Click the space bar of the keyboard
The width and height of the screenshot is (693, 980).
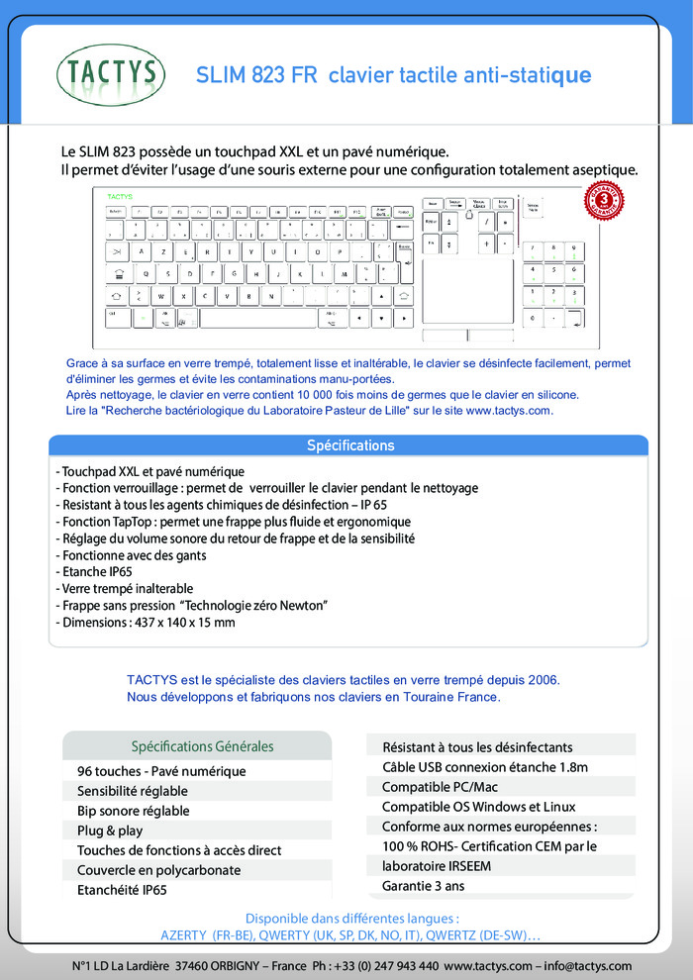(x=257, y=318)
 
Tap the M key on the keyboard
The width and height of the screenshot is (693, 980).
(x=344, y=274)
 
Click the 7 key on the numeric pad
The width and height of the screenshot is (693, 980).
(x=537, y=248)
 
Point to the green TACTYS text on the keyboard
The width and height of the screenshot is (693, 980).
(x=120, y=196)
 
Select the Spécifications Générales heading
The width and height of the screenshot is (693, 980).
(x=202, y=746)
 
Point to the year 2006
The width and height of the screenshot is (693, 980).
(x=542, y=679)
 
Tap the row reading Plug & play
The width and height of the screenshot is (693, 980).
(x=110, y=831)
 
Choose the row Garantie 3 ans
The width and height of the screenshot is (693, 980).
(x=423, y=886)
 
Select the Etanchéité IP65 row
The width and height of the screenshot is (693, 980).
(x=122, y=890)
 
